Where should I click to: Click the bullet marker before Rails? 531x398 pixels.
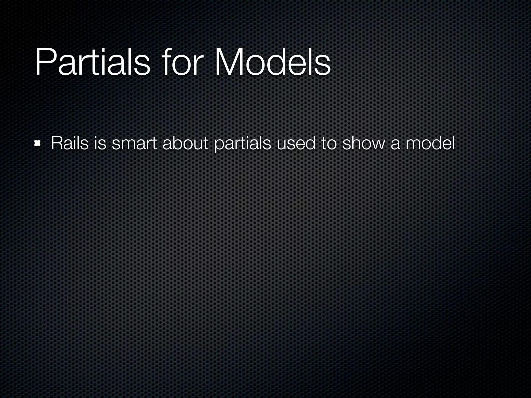[x=38, y=143]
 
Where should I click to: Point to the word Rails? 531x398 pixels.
[x=70, y=143]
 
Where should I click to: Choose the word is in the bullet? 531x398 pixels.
[x=100, y=143]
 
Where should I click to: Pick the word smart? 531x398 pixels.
[x=134, y=143]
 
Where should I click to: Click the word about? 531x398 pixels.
[x=185, y=143]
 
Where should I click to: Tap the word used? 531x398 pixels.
[x=296, y=143]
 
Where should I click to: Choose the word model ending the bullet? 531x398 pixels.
[x=430, y=143]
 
